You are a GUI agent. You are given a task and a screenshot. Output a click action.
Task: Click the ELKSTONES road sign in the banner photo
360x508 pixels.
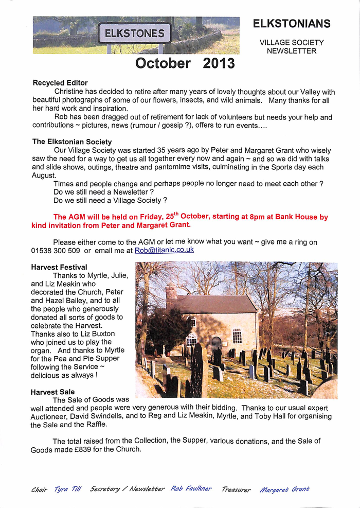click(x=135, y=34)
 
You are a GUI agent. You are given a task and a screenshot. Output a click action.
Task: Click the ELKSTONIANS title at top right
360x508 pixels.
click(x=291, y=24)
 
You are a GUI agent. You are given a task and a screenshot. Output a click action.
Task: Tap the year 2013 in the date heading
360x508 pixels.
click(x=219, y=63)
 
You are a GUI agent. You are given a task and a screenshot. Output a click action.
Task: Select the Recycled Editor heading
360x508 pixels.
click(x=60, y=82)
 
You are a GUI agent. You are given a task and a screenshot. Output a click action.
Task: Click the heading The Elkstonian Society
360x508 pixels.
click(x=72, y=142)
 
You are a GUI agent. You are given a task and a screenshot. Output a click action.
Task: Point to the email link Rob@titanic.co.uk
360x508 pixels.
click(x=164, y=250)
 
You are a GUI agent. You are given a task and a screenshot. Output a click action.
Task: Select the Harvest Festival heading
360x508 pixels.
click(x=59, y=267)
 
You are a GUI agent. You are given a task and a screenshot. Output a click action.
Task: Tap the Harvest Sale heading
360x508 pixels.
click(x=53, y=392)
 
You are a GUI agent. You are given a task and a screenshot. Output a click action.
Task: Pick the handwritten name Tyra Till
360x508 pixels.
click(x=67, y=489)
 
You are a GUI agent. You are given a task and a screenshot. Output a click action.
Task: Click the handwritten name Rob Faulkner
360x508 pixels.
click(x=191, y=488)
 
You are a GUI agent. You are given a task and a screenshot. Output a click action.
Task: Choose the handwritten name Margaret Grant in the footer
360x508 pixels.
click(x=284, y=489)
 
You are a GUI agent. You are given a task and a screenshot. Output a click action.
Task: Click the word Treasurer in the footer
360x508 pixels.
click(x=236, y=489)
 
